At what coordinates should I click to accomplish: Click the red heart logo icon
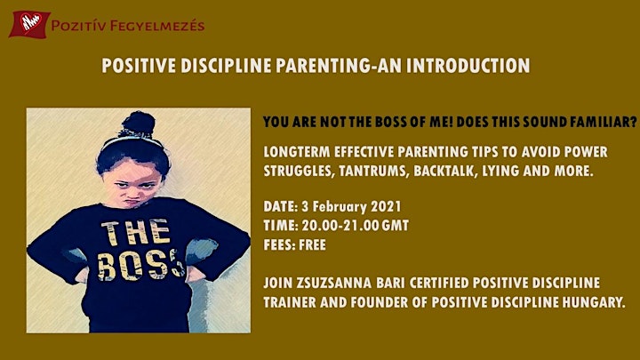[29, 24]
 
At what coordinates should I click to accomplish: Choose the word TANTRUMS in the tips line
[373, 171]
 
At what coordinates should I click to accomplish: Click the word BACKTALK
[445, 171]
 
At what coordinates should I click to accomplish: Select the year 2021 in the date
[386, 206]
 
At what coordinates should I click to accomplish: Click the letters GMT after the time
[395, 226]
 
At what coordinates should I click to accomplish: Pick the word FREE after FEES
[312, 245]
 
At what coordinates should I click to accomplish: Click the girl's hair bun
[138, 124]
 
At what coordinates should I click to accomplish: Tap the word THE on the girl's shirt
[135, 234]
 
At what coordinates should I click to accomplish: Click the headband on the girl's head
[131, 140]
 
